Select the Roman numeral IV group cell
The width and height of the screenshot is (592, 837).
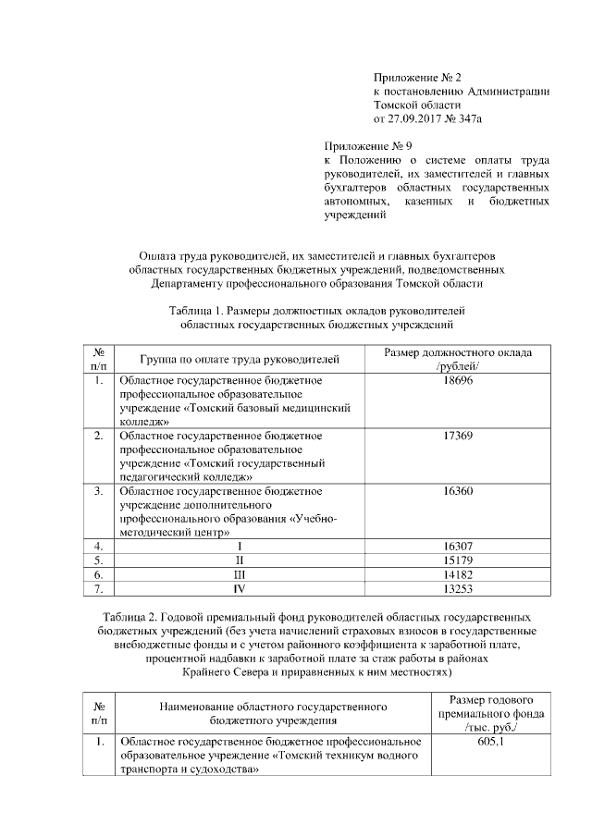coord(240,587)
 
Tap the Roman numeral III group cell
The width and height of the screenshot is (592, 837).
coord(240,573)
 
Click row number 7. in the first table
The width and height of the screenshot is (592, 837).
coord(98,587)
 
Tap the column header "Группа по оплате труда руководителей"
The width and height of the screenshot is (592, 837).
coord(240,358)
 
